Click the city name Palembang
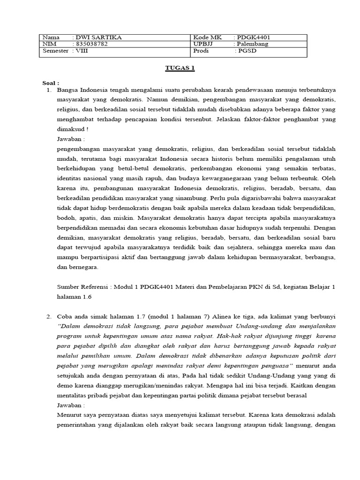pos(253,45)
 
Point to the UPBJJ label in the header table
pos(202,45)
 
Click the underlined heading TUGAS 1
pos(180,68)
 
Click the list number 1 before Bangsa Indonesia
pos(49,89)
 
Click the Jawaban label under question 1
pos(70,139)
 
